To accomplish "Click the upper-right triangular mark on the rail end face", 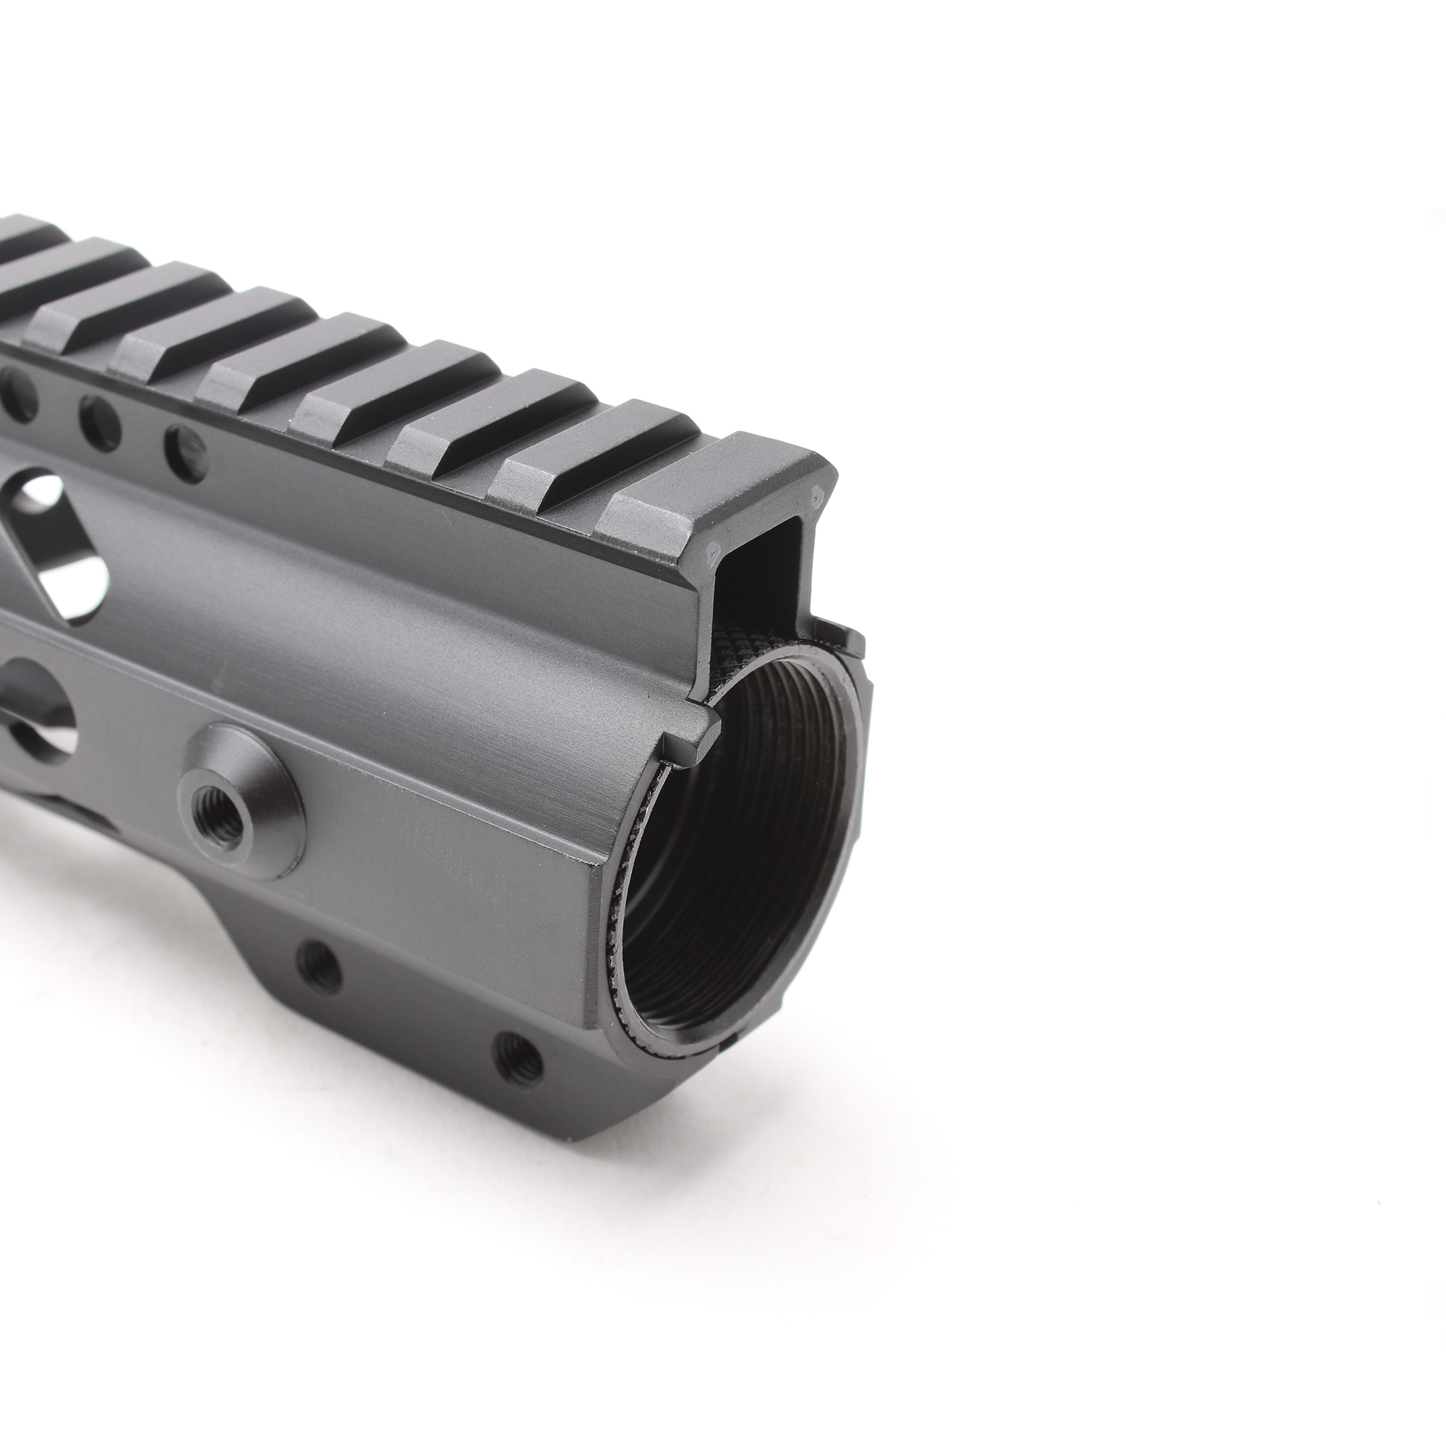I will coord(818,495).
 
